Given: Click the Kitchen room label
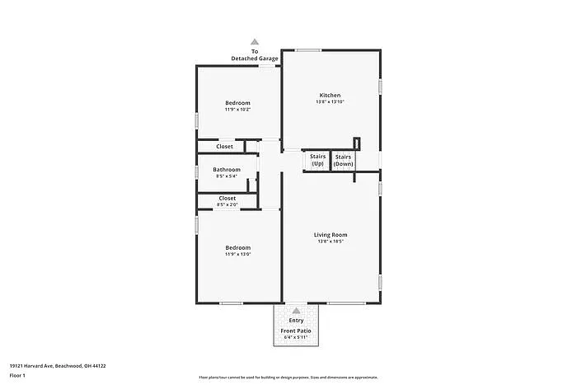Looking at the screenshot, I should coord(330,96).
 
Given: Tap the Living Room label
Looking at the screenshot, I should coord(330,235).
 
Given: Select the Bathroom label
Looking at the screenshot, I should coord(227,170).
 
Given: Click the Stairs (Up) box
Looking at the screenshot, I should coord(317,160).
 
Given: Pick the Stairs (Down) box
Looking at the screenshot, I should coord(344,160).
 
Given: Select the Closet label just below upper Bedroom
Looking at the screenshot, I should coord(224,147).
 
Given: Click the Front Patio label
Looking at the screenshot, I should coord(296,331).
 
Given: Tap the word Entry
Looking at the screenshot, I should coord(296,321).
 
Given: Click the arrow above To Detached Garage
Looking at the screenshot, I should coord(255,41).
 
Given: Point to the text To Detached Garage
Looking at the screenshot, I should coord(255,55).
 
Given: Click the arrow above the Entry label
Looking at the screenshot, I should coord(296,311).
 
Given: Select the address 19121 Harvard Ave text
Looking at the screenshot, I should coord(58,365).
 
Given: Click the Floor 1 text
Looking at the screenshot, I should coord(18,376).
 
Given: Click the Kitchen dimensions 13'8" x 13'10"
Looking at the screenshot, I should coord(330,102).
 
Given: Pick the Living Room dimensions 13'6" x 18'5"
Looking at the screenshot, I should coord(330,242).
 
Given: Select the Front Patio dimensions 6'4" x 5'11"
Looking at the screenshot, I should coord(296,337).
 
